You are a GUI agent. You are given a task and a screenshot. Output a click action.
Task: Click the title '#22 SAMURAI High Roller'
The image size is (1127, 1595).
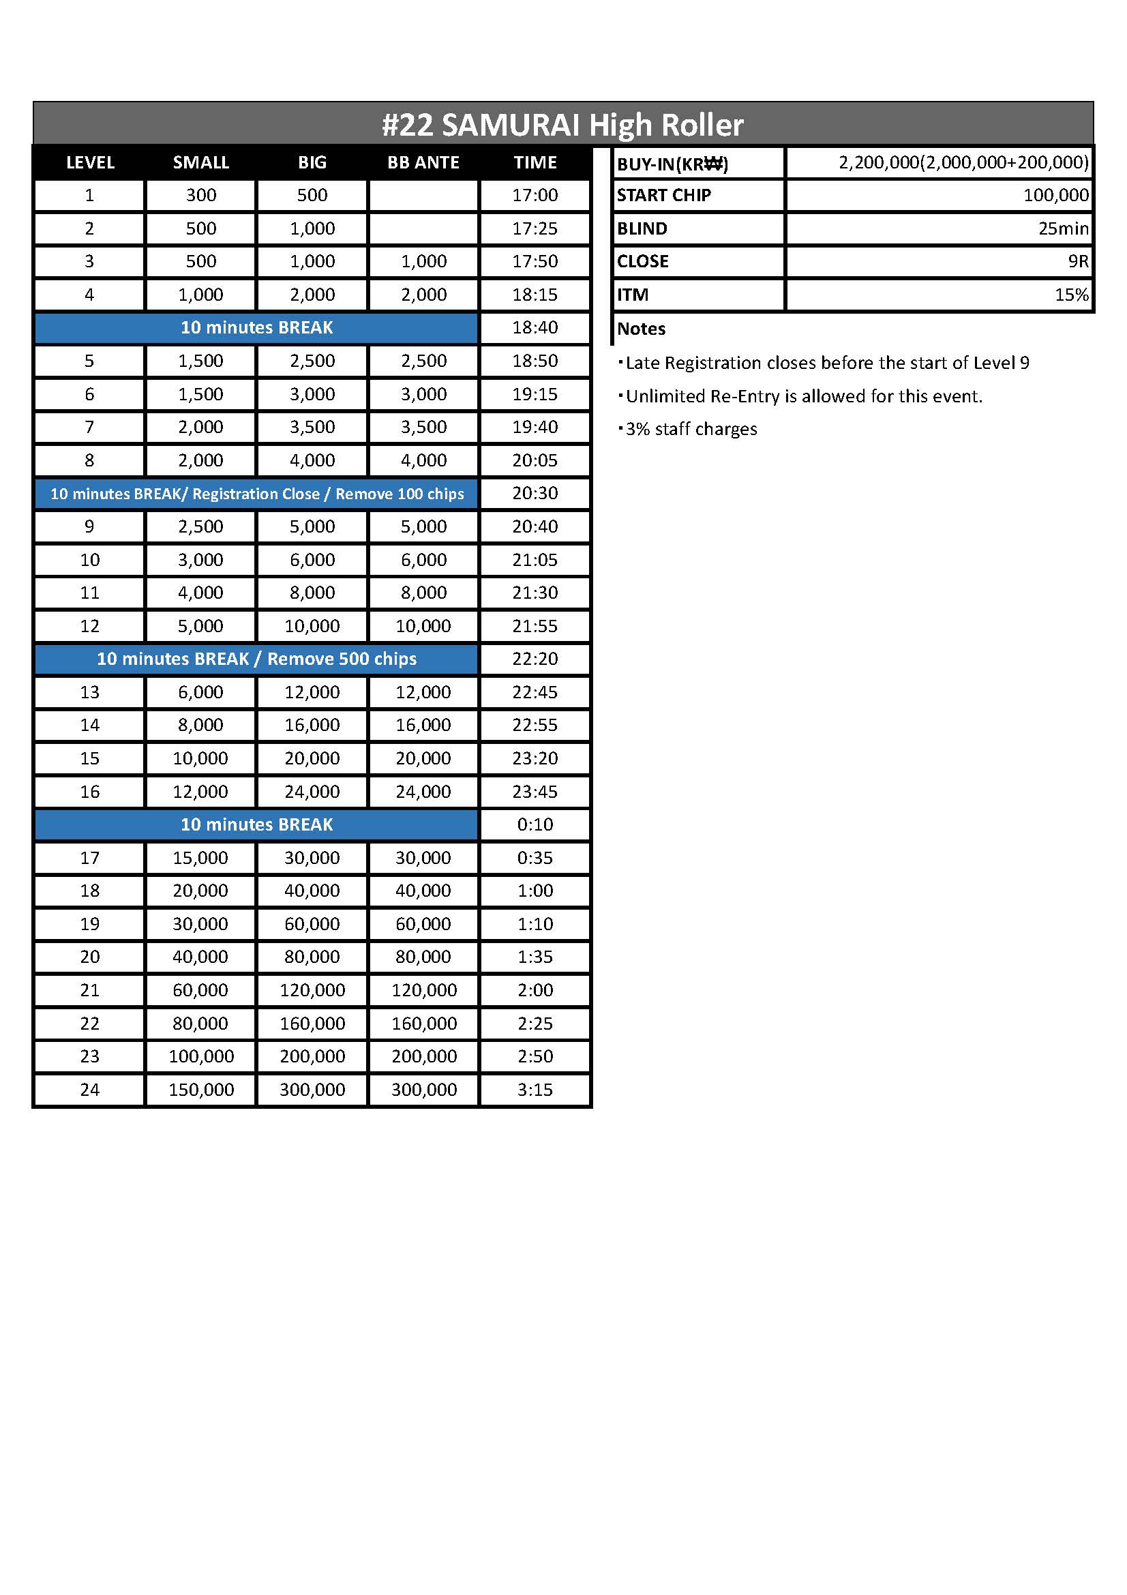(562, 125)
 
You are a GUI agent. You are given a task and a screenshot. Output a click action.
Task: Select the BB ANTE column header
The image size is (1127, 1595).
(423, 162)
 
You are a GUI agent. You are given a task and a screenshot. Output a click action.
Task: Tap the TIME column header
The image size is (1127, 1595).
(535, 162)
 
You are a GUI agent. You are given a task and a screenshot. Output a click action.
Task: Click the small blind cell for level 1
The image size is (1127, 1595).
(200, 195)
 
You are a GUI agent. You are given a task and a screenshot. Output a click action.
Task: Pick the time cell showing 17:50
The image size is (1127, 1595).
(535, 261)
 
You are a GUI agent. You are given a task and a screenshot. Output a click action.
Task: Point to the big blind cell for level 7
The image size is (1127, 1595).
(312, 428)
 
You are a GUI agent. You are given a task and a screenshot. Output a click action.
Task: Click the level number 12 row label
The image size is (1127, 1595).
(89, 626)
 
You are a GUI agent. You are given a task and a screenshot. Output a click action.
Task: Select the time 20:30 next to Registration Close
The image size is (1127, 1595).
(535, 493)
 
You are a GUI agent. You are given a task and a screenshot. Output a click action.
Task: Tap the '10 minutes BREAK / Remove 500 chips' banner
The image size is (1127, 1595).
(256, 659)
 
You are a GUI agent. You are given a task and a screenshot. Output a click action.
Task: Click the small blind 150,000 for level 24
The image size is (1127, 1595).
(200, 1089)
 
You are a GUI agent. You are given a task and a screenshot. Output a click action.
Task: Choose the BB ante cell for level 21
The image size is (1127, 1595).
(423, 990)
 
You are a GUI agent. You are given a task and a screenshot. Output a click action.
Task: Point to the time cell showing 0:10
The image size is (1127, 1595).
(535, 824)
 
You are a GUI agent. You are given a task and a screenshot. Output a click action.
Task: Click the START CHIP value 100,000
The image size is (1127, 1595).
(1055, 195)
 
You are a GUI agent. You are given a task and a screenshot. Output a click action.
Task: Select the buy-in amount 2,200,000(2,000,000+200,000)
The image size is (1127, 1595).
(963, 162)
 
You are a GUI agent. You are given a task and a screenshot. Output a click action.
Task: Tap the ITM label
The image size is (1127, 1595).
(633, 295)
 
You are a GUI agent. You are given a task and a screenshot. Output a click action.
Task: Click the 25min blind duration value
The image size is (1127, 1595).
(1063, 228)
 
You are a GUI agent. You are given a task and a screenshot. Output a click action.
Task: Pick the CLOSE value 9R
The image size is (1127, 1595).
(1078, 261)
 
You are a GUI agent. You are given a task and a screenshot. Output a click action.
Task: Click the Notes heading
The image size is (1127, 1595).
(641, 329)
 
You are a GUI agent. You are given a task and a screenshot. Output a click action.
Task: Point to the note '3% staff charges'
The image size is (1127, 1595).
(691, 430)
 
